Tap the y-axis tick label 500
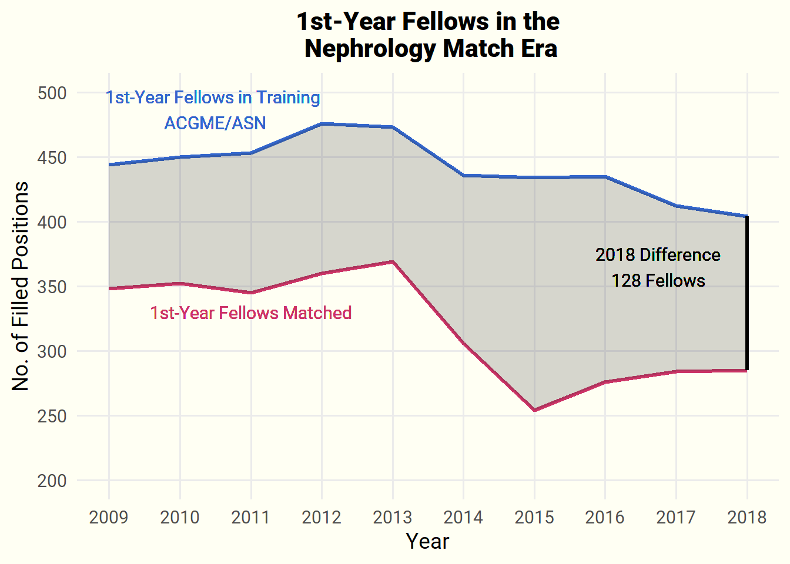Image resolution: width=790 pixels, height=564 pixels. pyautogui.click(x=52, y=93)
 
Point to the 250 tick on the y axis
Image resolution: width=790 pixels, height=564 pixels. pyautogui.click(x=52, y=416)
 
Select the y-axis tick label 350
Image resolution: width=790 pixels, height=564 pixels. pyautogui.click(x=52, y=287)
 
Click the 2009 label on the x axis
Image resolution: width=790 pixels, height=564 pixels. pyautogui.click(x=109, y=517)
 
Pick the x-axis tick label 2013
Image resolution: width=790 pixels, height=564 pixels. pyautogui.click(x=393, y=517)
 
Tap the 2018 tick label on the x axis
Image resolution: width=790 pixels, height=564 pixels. pyautogui.click(x=747, y=517)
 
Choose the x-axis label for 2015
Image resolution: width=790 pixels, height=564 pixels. pyautogui.click(x=534, y=517)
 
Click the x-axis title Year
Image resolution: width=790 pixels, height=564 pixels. pyautogui.click(x=427, y=542)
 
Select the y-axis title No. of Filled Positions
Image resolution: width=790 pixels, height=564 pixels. pyautogui.click(x=21, y=286)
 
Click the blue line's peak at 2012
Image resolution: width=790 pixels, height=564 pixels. pyautogui.click(x=322, y=124)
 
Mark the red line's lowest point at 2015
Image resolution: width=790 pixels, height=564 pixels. pyautogui.click(x=534, y=410)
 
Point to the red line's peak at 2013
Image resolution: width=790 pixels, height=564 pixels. pyautogui.click(x=393, y=261)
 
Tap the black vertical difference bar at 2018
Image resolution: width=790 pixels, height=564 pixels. pyautogui.click(x=747, y=294)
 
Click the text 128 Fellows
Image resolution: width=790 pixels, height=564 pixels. pyautogui.click(x=658, y=281)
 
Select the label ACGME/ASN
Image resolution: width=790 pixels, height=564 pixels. pyautogui.click(x=215, y=123)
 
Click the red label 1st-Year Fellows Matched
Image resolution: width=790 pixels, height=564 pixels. pyautogui.click(x=251, y=313)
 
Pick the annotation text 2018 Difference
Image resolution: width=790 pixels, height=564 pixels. pyautogui.click(x=658, y=255)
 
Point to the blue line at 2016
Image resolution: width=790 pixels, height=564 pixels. pyautogui.click(x=605, y=177)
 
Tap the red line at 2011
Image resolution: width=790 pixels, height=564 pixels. pyautogui.click(x=251, y=293)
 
